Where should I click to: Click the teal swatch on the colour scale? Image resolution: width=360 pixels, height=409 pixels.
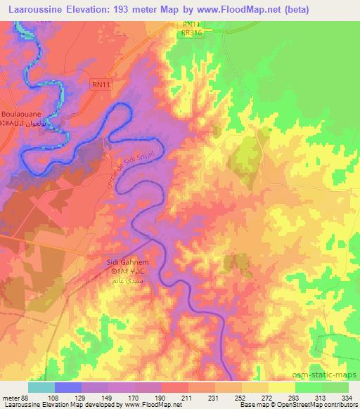tap(41, 387)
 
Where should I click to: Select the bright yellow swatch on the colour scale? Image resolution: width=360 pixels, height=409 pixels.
tap(281, 387)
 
